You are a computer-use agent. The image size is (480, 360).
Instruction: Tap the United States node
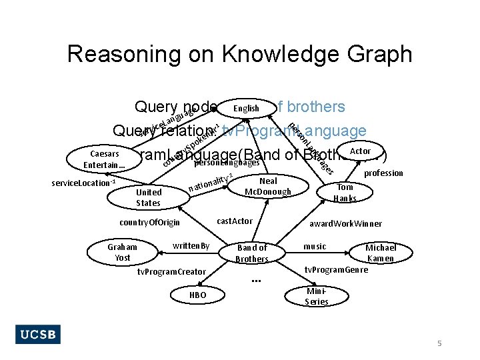[x=148, y=197]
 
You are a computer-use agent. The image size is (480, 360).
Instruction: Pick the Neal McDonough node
[x=268, y=186]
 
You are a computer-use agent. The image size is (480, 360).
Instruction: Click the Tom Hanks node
[x=345, y=193]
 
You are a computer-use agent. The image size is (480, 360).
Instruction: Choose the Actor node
[x=361, y=151]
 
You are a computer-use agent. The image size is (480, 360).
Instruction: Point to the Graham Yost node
[x=123, y=252]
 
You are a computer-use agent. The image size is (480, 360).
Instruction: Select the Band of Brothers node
[x=252, y=253]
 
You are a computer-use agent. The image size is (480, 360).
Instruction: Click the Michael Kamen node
[x=381, y=253]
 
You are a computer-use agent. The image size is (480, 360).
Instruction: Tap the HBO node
[x=198, y=295]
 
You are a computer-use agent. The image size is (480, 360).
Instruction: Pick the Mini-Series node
[x=316, y=297]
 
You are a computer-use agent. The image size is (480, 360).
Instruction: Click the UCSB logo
[x=38, y=335]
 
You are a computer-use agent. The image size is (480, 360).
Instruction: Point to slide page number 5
[x=439, y=343]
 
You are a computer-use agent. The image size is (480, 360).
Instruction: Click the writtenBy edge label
[x=191, y=246]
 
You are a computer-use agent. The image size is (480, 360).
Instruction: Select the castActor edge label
[x=235, y=221]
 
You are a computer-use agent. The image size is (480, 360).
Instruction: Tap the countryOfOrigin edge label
[x=149, y=222]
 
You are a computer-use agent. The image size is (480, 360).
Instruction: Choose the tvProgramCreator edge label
[x=171, y=272]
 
